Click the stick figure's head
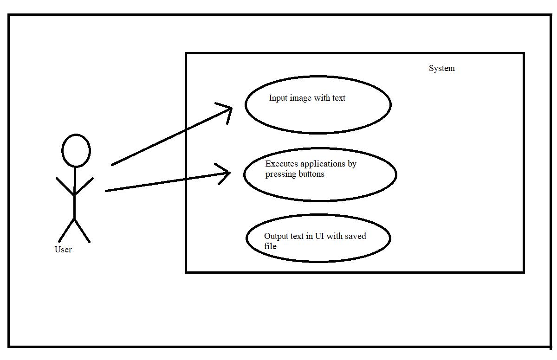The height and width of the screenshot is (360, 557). pyautogui.click(x=76, y=151)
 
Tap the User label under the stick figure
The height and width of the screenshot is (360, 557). pyautogui.click(x=63, y=250)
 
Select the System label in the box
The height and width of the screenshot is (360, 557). pyautogui.click(x=441, y=69)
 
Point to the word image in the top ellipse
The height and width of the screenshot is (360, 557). pyautogui.click(x=302, y=98)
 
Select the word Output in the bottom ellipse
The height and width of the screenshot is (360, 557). pyautogui.click(x=277, y=236)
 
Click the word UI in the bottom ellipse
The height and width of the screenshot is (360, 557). pyautogui.click(x=319, y=236)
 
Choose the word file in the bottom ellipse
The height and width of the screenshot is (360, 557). pyautogui.click(x=270, y=246)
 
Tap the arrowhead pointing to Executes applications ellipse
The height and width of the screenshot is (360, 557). pyautogui.click(x=227, y=174)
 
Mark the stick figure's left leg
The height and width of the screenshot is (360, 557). pyautogui.click(x=66, y=230)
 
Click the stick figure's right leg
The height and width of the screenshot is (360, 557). pyautogui.click(x=82, y=230)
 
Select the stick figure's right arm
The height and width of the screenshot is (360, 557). pyautogui.click(x=84, y=186)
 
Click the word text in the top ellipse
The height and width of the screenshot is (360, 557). pyautogui.click(x=337, y=98)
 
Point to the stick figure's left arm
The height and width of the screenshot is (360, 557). pyautogui.click(x=65, y=186)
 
